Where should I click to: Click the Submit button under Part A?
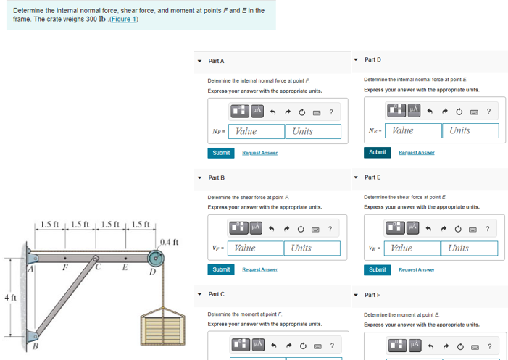220,153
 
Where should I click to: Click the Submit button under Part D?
377,152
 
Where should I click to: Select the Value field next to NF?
258,131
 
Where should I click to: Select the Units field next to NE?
470,130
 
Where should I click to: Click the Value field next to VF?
257,248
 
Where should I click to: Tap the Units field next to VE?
468,248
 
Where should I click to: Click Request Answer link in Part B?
259,269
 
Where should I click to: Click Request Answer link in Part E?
416,269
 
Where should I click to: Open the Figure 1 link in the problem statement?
121,19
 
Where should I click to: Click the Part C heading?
216,294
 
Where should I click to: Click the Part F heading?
372,295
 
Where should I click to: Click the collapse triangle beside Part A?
200,61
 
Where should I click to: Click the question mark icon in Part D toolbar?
488,111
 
